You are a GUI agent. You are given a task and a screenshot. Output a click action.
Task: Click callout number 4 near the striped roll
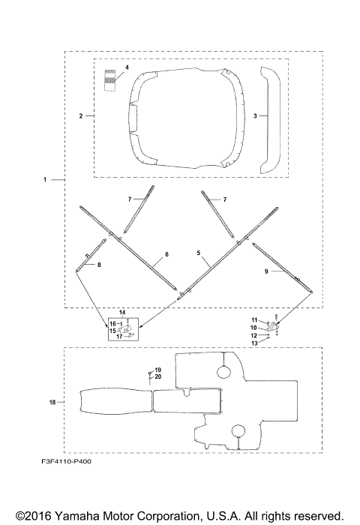click(127, 67)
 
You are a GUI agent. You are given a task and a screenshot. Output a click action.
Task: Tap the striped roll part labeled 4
click(109, 80)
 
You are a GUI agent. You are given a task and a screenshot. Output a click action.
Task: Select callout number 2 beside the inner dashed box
click(81, 116)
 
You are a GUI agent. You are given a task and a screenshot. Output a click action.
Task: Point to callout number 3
click(255, 115)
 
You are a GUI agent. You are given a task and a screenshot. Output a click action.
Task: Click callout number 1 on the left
click(45, 180)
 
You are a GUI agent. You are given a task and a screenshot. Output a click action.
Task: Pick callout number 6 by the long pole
click(166, 254)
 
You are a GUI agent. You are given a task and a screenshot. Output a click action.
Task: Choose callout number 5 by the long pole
click(199, 253)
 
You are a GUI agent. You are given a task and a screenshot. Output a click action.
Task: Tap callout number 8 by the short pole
click(99, 265)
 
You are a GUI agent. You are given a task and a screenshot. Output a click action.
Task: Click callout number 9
click(266, 271)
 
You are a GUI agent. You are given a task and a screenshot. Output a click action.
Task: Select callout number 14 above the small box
click(122, 313)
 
